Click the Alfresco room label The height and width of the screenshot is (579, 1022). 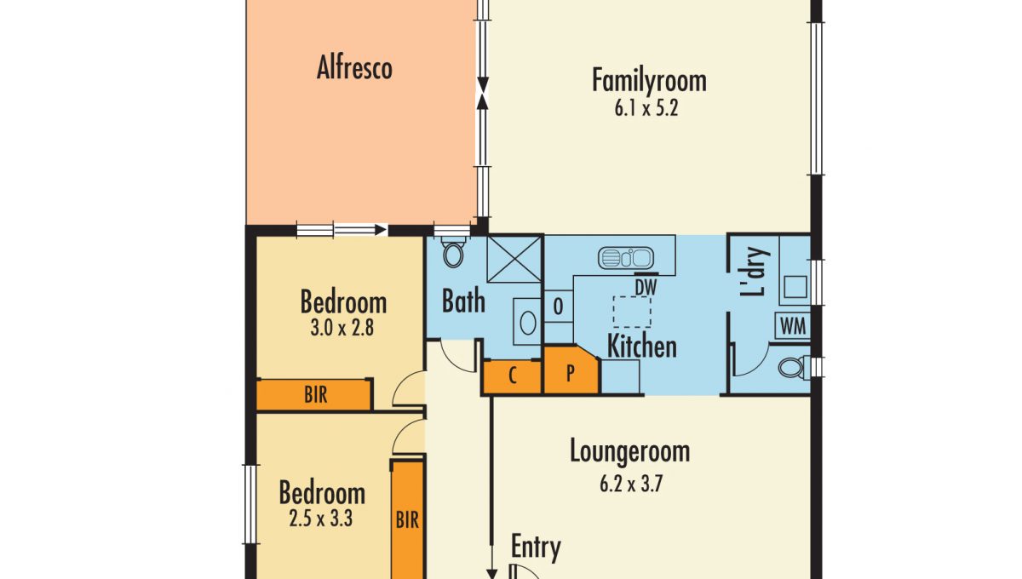tap(354, 67)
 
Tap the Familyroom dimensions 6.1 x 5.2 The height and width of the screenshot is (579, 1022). tap(646, 109)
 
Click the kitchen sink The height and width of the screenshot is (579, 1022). tap(625, 258)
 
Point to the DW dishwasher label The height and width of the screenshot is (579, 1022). tap(646, 288)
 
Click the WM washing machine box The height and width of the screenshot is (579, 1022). tap(793, 326)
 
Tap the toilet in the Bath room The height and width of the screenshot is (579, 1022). tap(453, 251)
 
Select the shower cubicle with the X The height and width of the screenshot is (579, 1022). tap(514, 259)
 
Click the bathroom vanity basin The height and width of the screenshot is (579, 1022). tap(528, 323)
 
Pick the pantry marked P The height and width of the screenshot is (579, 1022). tap(571, 370)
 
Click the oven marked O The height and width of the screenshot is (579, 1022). tap(559, 307)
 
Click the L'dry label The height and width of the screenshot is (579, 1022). tap(755, 272)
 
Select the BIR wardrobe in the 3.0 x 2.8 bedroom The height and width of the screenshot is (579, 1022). tap(314, 395)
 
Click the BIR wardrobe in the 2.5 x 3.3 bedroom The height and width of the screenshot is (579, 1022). tap(407, 520)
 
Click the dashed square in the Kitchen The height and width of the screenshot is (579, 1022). tap(632, 312)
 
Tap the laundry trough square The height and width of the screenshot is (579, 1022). tap(795, 287)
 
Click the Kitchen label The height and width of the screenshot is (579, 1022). tap(642, 346)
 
